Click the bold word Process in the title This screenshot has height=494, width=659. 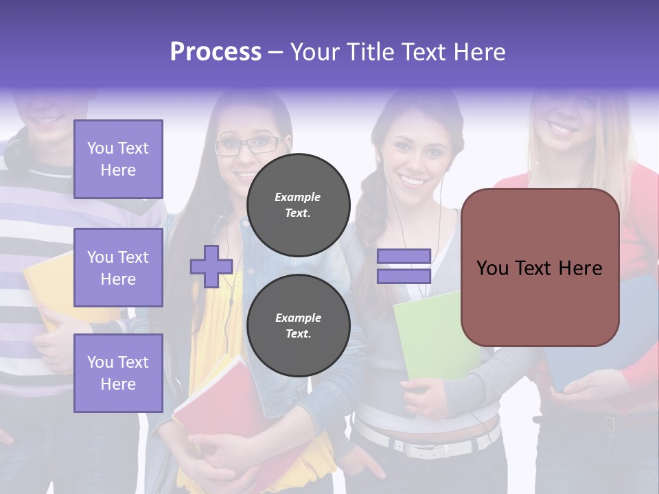tap(216, 52)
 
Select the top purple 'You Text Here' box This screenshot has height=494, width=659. tap(118, 159)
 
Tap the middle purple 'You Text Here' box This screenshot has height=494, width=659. tap(118, 268)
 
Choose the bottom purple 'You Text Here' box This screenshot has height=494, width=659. tap(118, 373)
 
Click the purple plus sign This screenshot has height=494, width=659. tap(211, 266)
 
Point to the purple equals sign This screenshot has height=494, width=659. tap(404, 266)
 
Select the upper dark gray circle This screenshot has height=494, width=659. tap(299, 204)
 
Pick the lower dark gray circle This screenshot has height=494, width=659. tap(299, 325)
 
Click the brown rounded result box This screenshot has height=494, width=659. tap(540, 268)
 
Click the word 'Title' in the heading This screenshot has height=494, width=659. tap(373, 52)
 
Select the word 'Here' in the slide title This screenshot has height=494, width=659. tap(478, 52)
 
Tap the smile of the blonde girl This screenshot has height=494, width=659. tap(563, 128)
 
